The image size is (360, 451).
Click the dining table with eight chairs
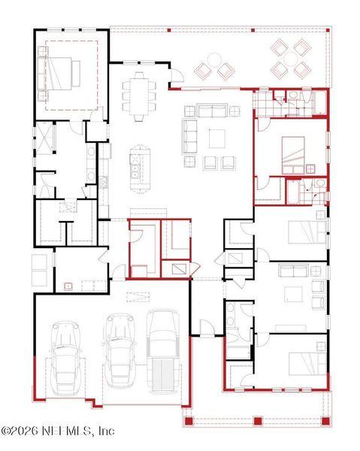tap(140, 95)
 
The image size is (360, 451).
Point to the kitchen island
tap(138, 168)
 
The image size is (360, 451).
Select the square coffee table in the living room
tap(216, 138)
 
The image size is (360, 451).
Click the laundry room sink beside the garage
tap(68, 286)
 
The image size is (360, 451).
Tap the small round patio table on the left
tap(215, 59)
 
